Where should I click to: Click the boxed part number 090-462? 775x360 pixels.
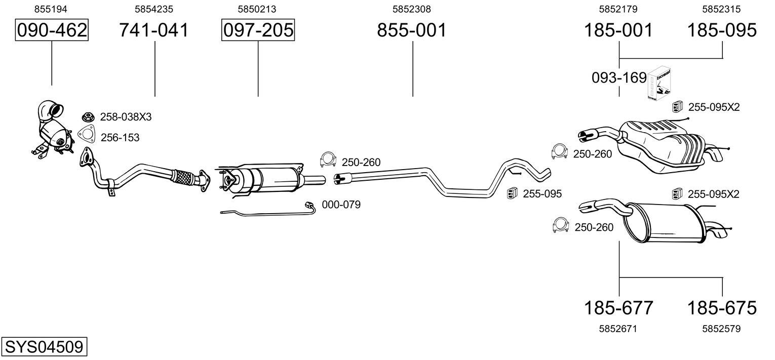pos(52,30)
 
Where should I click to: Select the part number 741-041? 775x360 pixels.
pos(154,30)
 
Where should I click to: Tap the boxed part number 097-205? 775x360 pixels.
pos(258,30)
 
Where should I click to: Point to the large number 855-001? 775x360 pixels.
pos(412,30)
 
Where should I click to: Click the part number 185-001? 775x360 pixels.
pos(618,30)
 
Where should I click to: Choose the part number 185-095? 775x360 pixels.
pos(722,30)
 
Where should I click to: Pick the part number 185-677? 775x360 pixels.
pos(618,308)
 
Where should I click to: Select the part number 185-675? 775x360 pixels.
pos(722,308)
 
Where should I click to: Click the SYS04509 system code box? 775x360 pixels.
pos(44,346)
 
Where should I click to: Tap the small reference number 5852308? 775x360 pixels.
pos(412,9)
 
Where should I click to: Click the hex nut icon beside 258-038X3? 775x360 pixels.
pos(88,116)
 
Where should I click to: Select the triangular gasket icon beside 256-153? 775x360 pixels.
pos(86,135)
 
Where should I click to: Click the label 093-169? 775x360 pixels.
pos(619,78)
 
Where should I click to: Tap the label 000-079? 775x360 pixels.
pos(341,205)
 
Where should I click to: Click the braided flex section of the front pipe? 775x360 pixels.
pos(183,176)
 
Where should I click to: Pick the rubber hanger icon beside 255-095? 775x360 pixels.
pos(512,193)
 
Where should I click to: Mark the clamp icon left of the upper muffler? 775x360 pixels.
pos(559,151)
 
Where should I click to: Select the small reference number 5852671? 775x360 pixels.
pos(618,329)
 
